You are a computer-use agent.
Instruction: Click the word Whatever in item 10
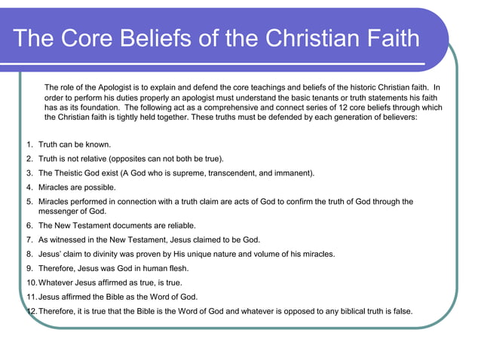(57, 282)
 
